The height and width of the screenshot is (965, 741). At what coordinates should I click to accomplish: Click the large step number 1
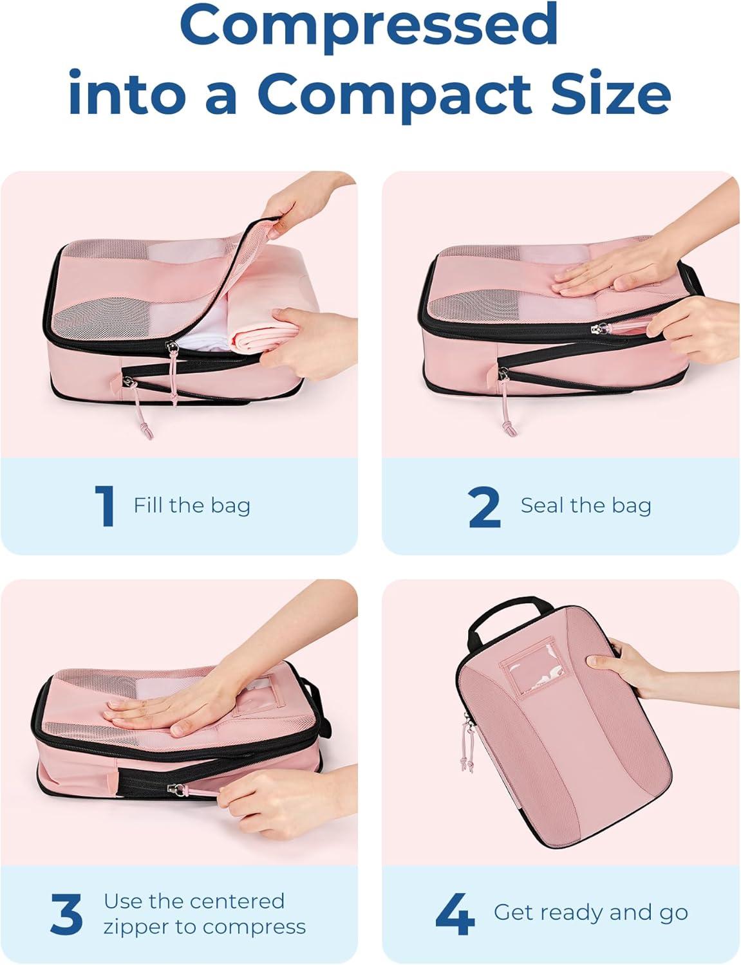[x=105, y=506]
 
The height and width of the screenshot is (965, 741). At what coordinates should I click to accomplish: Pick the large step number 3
[x=67, y=914]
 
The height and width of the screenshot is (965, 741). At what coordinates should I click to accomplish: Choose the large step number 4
[x=455, y=914]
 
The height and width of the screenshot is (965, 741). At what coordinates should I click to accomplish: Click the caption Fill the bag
[x=192, y=506]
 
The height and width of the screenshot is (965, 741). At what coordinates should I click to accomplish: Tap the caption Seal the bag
[x=586, y=506]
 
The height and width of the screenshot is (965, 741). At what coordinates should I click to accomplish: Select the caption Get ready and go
[x=590, y=912]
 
